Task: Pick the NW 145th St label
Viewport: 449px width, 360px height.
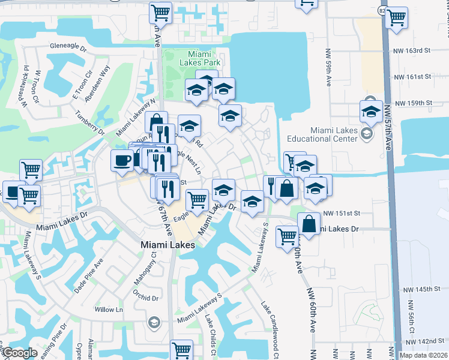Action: point(421,289)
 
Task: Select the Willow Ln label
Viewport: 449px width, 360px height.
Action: point(109,310)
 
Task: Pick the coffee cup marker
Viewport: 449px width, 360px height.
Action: point(122,161)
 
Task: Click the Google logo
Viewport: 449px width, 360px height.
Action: point(19,353)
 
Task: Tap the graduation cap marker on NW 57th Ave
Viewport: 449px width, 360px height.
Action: point(372,111)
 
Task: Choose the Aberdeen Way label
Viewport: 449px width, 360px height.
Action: point(100,77)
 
